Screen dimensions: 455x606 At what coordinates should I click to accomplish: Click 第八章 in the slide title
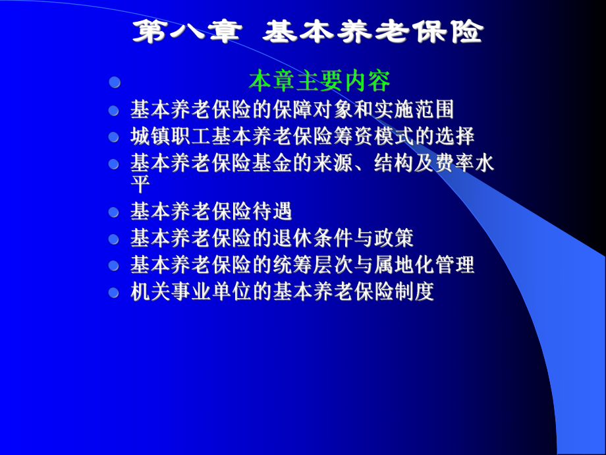pos(185,32)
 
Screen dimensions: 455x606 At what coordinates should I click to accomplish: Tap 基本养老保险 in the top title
pos(372,32)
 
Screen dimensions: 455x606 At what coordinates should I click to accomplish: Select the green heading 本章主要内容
pos(319,81)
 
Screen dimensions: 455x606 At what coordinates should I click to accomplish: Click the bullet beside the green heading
pos(115,82)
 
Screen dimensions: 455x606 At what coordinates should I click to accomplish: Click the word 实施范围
pos(422,109)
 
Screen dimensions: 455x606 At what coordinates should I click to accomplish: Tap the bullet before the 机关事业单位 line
pos(115,292)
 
